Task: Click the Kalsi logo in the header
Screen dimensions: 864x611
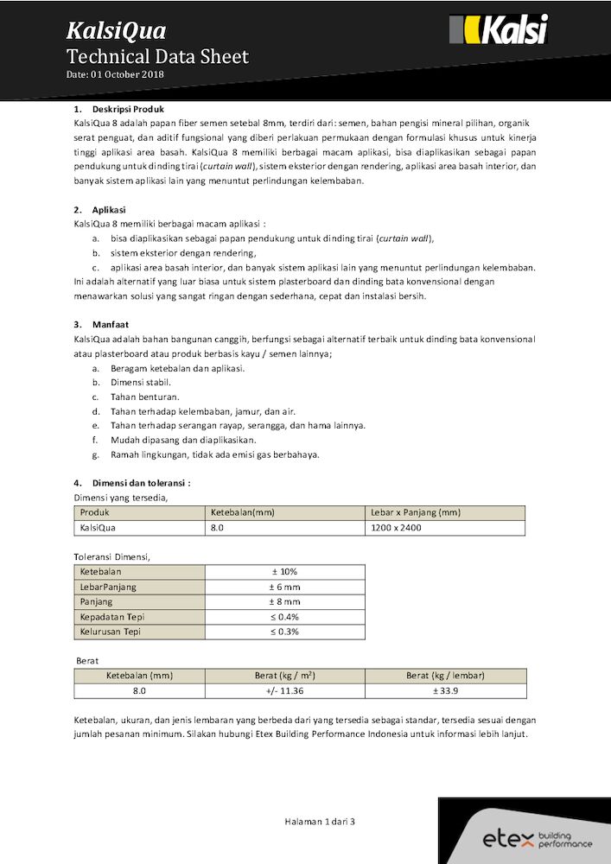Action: [x=499, y=31]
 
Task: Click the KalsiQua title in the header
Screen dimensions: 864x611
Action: [x=116, y=32]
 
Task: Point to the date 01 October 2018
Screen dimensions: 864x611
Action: [x=115, y=74]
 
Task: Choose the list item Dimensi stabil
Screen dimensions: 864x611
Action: [x=140, y=382]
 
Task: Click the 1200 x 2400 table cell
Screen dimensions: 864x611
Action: [x=396, y=527]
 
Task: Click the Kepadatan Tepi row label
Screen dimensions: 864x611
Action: [x=111, y=617]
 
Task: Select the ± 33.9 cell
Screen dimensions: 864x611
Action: [x=445, y=691]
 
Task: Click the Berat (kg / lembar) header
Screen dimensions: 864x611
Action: [x=445, y=676]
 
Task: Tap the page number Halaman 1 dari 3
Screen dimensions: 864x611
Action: [x=320, y=822]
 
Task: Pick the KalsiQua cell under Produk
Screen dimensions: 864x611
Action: [x=98, y=527]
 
